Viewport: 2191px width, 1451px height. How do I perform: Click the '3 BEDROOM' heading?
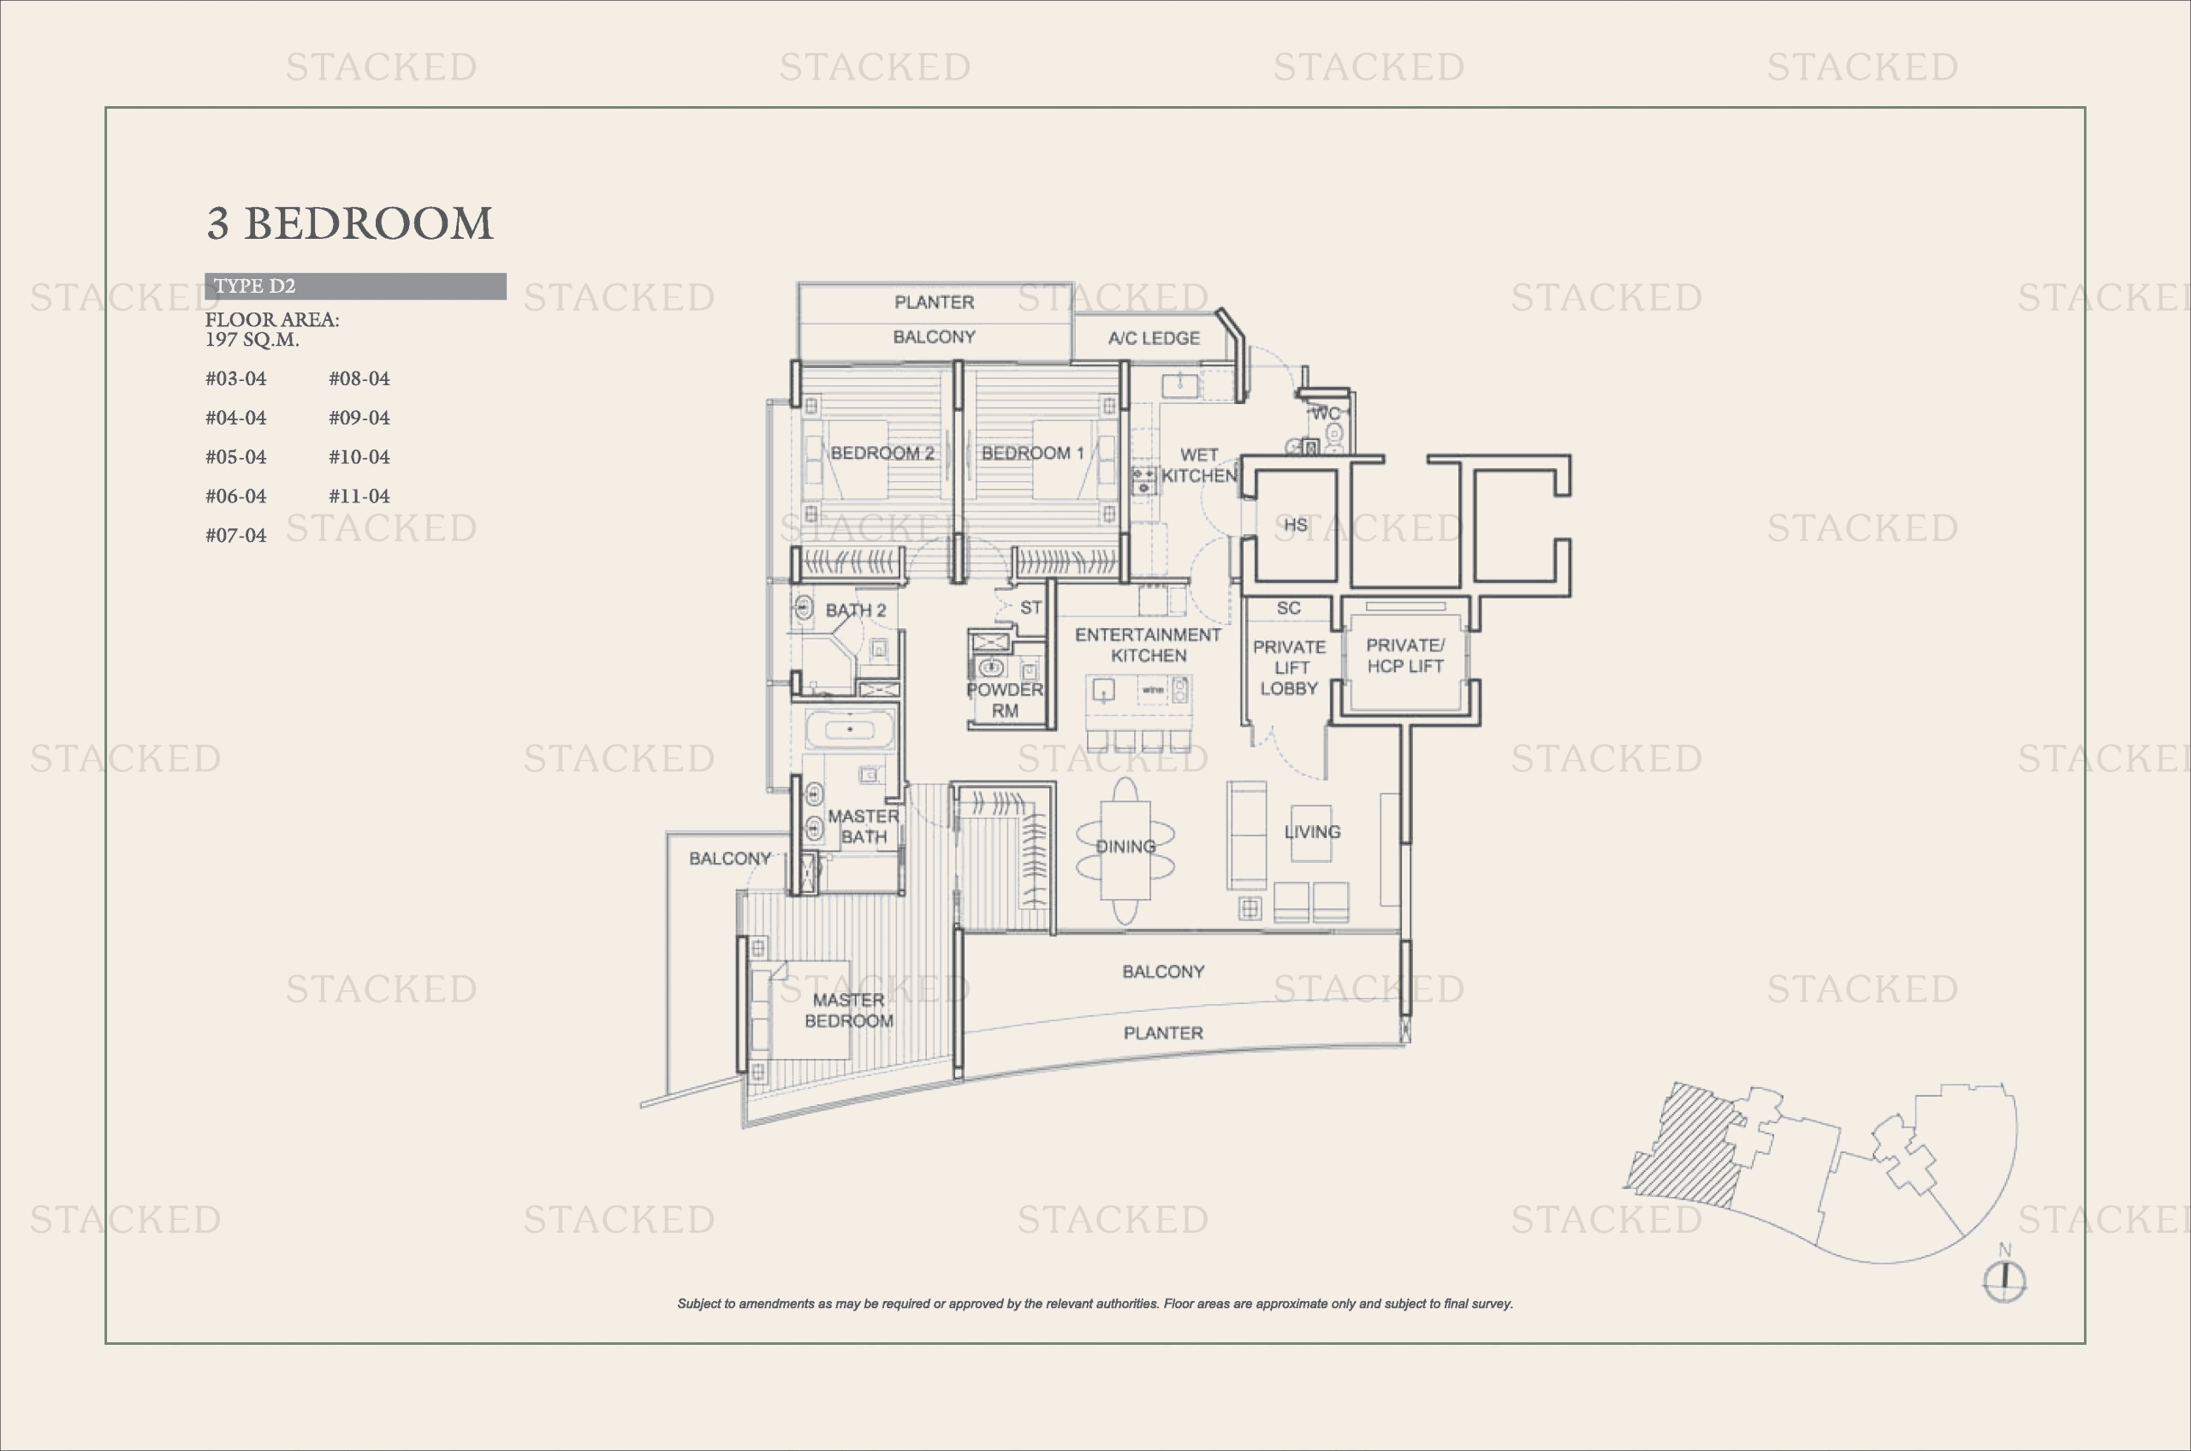(350, 224)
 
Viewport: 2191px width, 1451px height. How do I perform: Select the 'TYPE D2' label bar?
(355, 286)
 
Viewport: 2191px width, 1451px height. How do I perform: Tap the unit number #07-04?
(236, 535)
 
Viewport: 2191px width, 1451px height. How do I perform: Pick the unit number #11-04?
(359, 496)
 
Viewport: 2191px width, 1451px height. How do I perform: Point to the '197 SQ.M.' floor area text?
(252, 340)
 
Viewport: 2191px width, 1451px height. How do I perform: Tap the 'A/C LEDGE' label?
(1154, 339)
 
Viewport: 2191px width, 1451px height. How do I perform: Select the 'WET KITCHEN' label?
(1199, 466)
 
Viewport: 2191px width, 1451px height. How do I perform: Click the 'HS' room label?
(1296, 525)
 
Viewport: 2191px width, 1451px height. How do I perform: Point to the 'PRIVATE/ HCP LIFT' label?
(1404, 656)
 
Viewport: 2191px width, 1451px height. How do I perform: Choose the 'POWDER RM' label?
(1005, 700)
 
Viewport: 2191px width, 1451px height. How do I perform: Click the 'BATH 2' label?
(856, 610)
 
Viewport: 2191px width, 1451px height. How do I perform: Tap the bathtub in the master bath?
(849, 730)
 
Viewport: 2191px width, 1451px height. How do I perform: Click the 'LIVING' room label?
(1312, 832)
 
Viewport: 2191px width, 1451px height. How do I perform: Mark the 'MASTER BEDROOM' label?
(848, 1010)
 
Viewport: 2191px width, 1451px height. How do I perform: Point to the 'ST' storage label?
(1030, 608)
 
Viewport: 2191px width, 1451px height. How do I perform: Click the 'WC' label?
(1326, 413)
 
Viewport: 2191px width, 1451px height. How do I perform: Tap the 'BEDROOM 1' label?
(1032, 453)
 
